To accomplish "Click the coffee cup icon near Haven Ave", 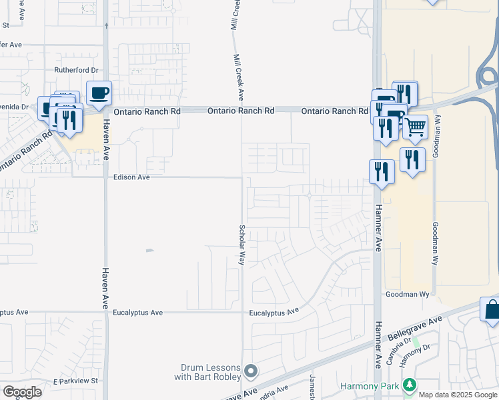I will (99, 93).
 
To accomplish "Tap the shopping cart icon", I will (415, 127).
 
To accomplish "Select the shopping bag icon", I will (492, 311).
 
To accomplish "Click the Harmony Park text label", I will (369, 385).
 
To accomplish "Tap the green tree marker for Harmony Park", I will (408, 385).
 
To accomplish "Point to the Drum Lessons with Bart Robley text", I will (211, 372).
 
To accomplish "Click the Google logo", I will (22, 391).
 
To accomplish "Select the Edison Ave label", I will (131, 177).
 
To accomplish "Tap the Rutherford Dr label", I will (76, 70).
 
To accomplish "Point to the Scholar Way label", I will (242, 245).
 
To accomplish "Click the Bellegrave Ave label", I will (417, 327).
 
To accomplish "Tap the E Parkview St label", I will (76, 381).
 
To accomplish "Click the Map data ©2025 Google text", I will (458, 395).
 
